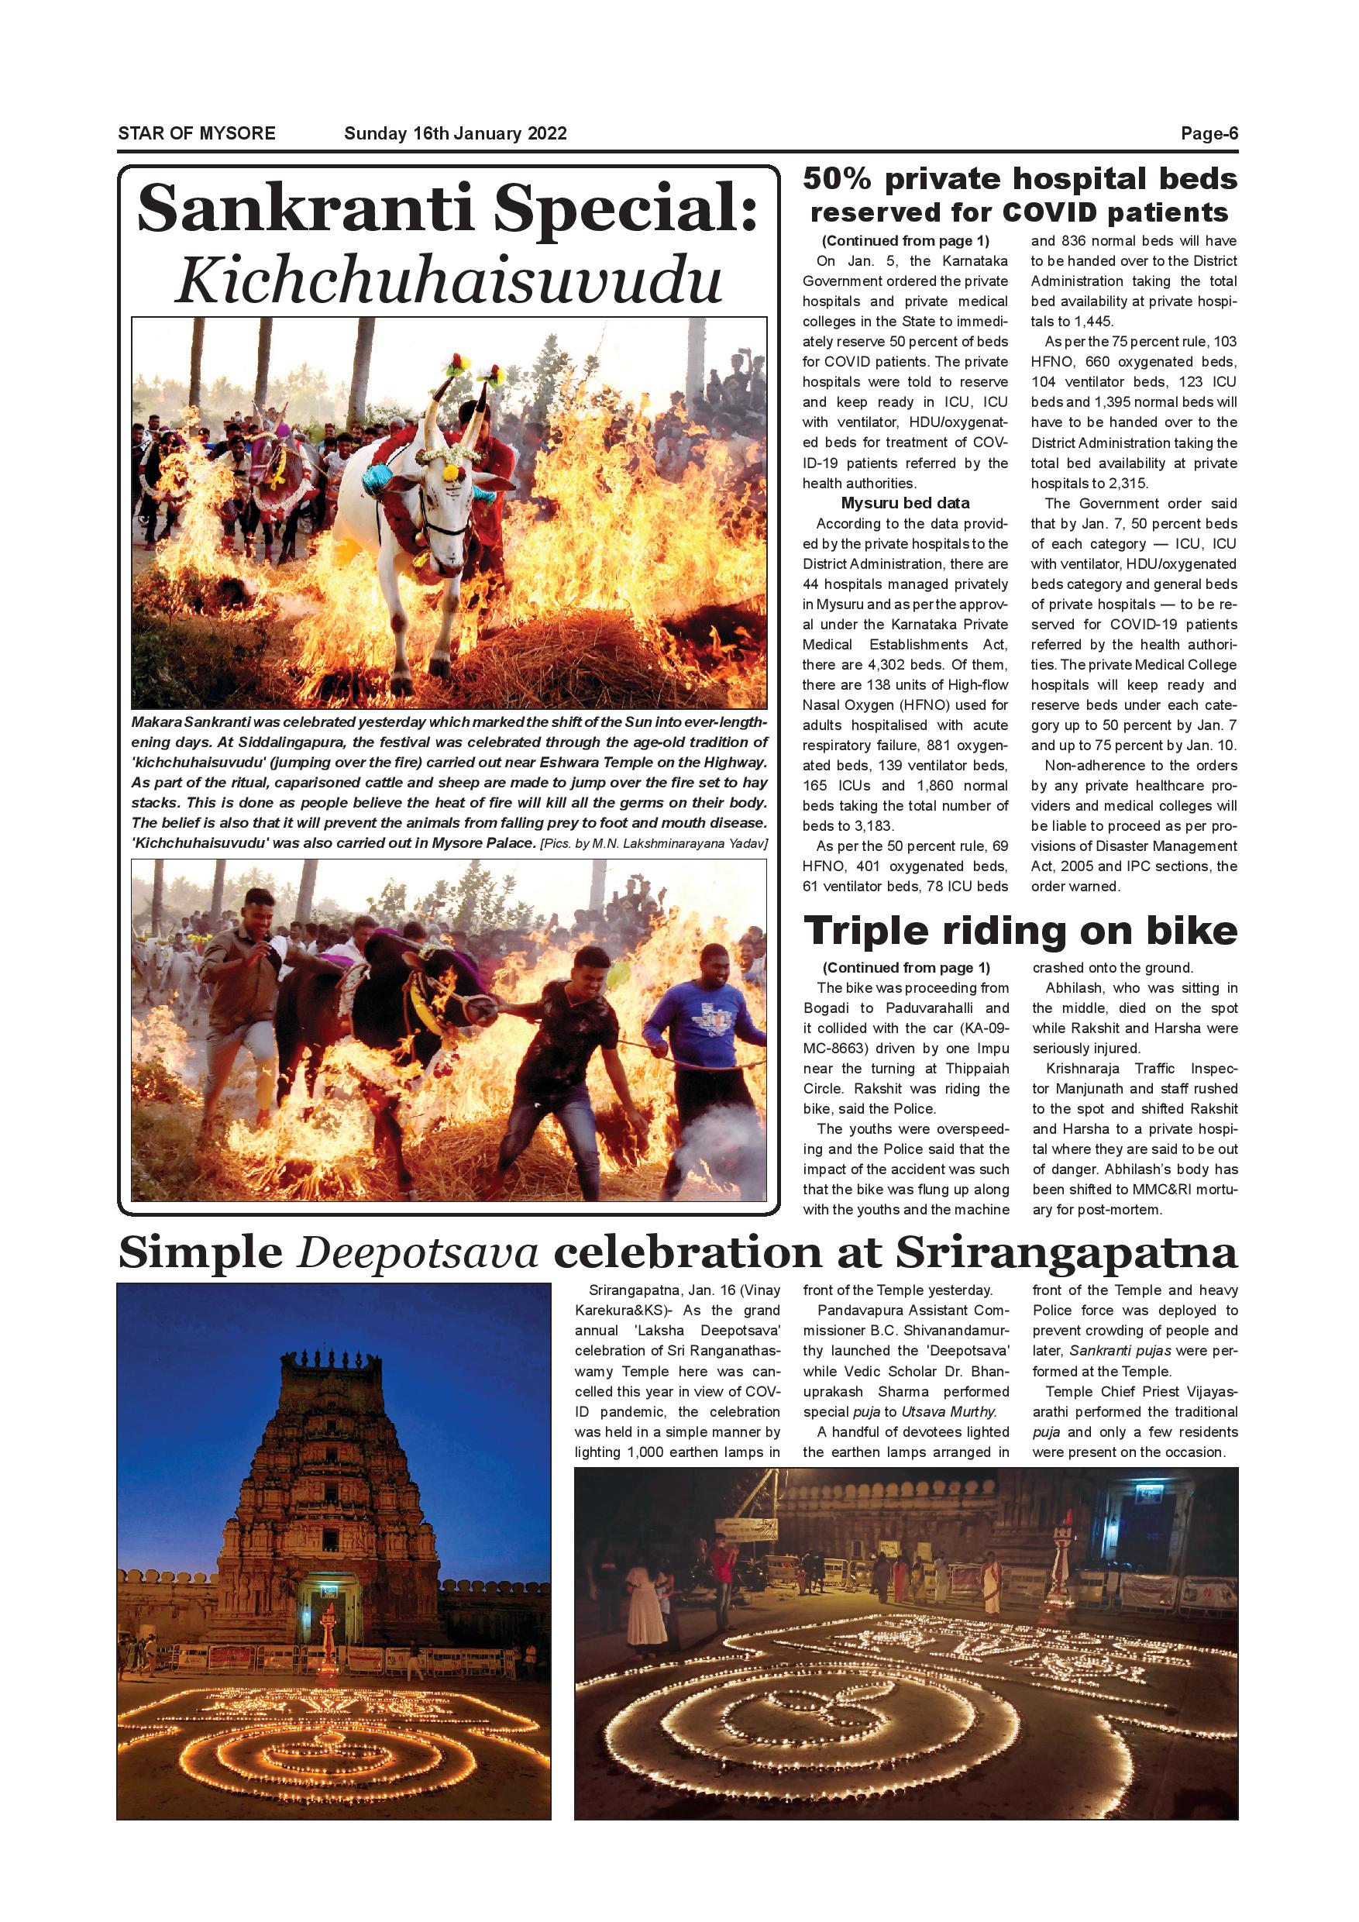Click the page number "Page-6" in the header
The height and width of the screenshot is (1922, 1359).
point(1209,134)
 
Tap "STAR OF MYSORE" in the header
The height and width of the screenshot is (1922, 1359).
point(197,134)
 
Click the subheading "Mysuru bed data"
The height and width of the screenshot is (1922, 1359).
point(905,503)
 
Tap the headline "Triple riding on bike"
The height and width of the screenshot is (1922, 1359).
point(1020,931)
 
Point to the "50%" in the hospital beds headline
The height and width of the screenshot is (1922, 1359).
point(838,179)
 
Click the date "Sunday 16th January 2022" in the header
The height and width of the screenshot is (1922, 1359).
point(456,134)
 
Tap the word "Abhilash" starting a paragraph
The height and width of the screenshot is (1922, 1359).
point(1074,989)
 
